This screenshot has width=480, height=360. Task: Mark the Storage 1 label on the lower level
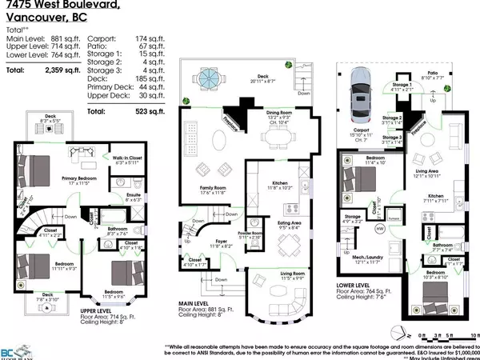[401, 84]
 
